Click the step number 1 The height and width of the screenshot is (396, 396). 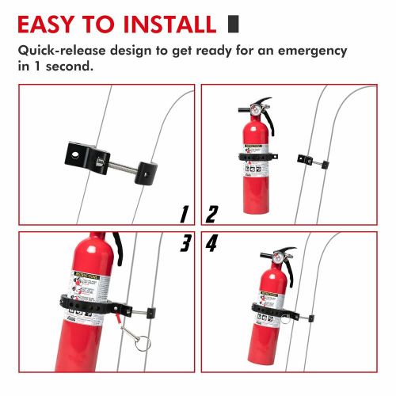(x=184, y=214)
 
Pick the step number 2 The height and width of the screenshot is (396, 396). (x=211, y=214)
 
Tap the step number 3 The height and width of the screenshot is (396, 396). (x=184, y=244)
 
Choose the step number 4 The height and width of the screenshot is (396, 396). (x=212, y=244)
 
